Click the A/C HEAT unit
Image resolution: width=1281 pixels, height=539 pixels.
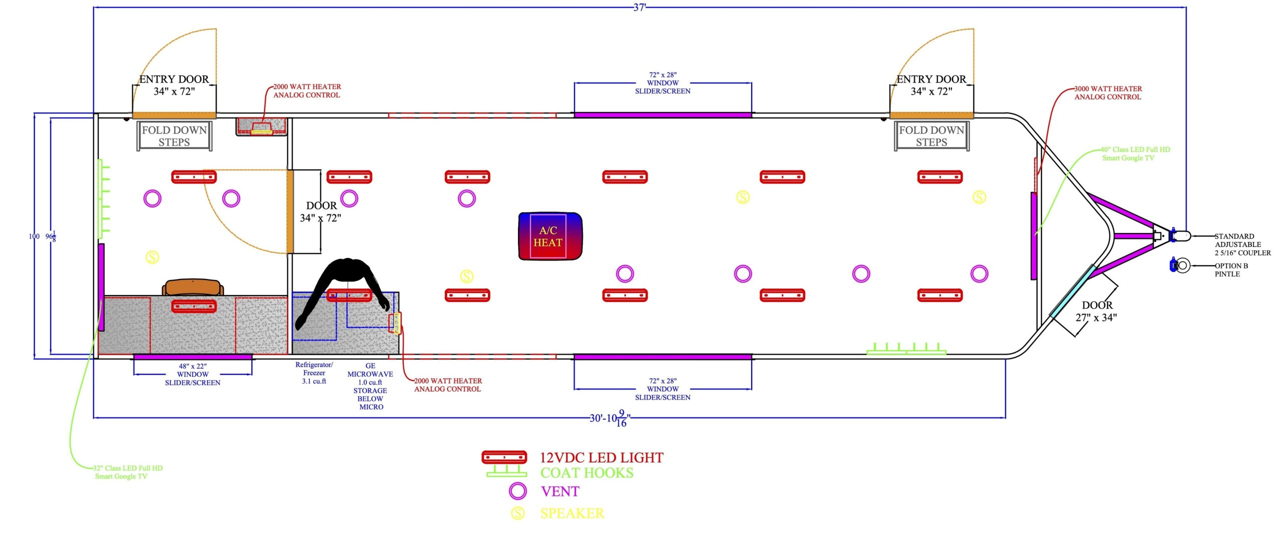(x=550, y=236)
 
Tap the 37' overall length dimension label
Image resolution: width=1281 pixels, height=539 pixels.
(x=639, y=7)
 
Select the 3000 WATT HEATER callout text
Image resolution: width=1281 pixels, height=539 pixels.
(x=1108, y=93)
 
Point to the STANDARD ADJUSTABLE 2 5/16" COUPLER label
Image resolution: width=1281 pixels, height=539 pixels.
(x=1242, y=244)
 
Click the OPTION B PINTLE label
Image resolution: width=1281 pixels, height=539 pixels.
(x=1231, y=270)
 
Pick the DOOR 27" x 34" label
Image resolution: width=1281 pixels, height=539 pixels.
(x=1096, y=311)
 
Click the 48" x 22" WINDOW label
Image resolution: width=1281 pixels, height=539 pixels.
(x=193, y=374)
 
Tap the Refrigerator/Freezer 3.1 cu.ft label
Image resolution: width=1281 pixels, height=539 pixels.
(x=314, y=373)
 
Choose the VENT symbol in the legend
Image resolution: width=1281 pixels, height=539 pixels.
(x=517, y=491)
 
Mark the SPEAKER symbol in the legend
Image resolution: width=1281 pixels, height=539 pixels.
(x=517, y=513)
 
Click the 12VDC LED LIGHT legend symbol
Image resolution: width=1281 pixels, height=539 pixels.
(x=504, y=457)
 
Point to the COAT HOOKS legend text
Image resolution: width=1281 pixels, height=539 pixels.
(x=586, y=473)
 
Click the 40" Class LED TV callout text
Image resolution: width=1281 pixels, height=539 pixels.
(x=1134, y=153)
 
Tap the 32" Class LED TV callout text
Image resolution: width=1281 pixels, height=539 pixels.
(x=128, y=472)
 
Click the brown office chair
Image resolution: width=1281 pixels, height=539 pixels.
(x=193, y=287)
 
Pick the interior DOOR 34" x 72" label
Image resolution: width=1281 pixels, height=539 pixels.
(x=321, y=211)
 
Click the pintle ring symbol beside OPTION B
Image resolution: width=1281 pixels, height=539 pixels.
(x=1182, y=265)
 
